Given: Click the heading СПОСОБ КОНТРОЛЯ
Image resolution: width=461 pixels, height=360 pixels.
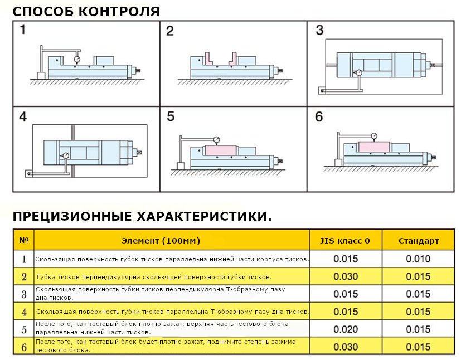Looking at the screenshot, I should point(86,11).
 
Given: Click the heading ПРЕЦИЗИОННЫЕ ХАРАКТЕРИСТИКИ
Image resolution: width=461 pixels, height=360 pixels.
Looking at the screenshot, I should point(142,216).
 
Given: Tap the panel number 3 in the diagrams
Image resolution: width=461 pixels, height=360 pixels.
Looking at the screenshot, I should point(319,30).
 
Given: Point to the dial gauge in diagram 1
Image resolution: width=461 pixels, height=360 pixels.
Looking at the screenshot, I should point(77,57).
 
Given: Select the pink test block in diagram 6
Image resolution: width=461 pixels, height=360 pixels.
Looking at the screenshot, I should point(373,147).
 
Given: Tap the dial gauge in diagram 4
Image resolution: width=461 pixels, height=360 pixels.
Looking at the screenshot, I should point(66,155).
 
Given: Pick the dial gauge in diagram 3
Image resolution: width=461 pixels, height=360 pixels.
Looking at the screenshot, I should point(358,72).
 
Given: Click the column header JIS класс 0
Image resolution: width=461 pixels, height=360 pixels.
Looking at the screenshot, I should point(344,241).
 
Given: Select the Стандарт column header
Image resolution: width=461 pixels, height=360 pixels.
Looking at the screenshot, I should point(418,241).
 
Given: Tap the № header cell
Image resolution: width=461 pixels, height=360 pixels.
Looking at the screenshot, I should point(23,241).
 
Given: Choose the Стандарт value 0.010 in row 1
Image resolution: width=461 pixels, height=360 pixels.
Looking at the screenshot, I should point(418,259).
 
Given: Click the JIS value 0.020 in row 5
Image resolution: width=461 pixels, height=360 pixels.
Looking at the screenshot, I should point(346,329).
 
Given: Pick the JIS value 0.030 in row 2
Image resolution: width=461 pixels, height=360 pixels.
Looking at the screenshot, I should point(346,276).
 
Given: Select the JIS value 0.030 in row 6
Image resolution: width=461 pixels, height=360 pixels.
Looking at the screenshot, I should point(346,347).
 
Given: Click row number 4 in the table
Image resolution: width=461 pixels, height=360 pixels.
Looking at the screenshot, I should point(23,312).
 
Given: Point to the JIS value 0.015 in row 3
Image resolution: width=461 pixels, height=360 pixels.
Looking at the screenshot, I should point(346,294).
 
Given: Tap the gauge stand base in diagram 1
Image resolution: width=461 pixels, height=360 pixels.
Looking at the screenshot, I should point(41,75).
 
